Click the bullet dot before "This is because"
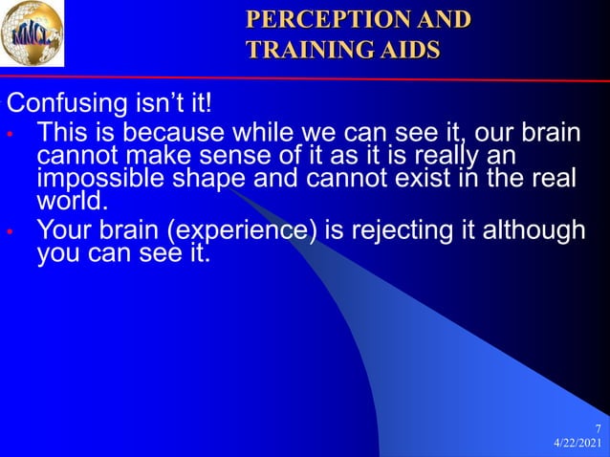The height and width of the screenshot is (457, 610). point(9,134)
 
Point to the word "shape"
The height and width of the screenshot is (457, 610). point(221,178)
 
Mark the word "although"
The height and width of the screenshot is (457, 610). point(534,231)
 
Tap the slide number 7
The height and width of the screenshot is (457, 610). point(598,428)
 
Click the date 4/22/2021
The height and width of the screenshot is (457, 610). point(577,445)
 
